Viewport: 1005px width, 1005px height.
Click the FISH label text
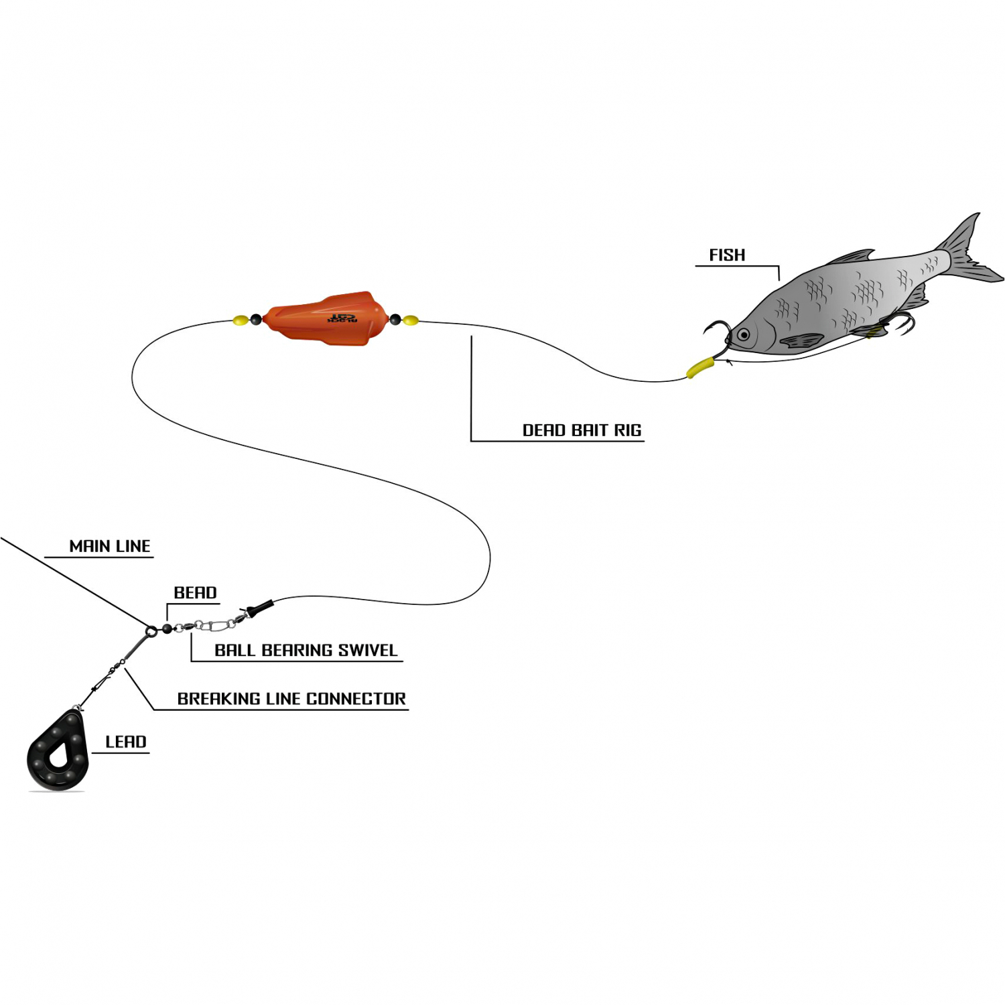[x=727, y=255]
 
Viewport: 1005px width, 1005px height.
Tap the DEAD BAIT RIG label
[x=582, y=430]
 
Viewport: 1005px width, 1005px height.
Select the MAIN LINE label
[x=110, y=546]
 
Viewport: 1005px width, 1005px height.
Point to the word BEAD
[x=195, y=593]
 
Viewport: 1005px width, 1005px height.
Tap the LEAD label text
[x=126, y=742]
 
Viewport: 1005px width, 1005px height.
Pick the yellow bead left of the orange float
[x=241, y=320]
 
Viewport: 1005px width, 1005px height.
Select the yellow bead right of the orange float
[x=411, y=320]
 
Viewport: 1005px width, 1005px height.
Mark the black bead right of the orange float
[x=395, y=320]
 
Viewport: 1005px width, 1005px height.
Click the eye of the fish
[x=743, y=334]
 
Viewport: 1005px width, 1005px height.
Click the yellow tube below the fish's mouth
[x=700, y=367]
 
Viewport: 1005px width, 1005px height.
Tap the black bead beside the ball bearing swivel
[x=167, y=628]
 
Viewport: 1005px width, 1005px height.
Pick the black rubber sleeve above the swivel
[x=260, y=608]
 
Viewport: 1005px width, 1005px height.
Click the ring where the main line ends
[x=151, y=630]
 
